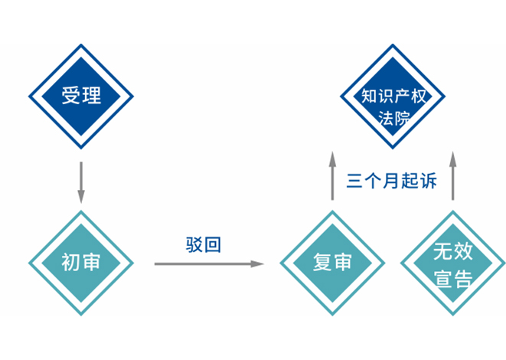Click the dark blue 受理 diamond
coord(81,96)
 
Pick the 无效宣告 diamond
coord(452,263)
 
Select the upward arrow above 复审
coord(332,175)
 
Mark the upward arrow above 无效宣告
coord(452,175)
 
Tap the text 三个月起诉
coord(391,181)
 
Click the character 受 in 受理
coord(71,96)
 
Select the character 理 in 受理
coord(91,96)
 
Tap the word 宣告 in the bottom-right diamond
coord(452,277)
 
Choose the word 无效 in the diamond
coord(452,250)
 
